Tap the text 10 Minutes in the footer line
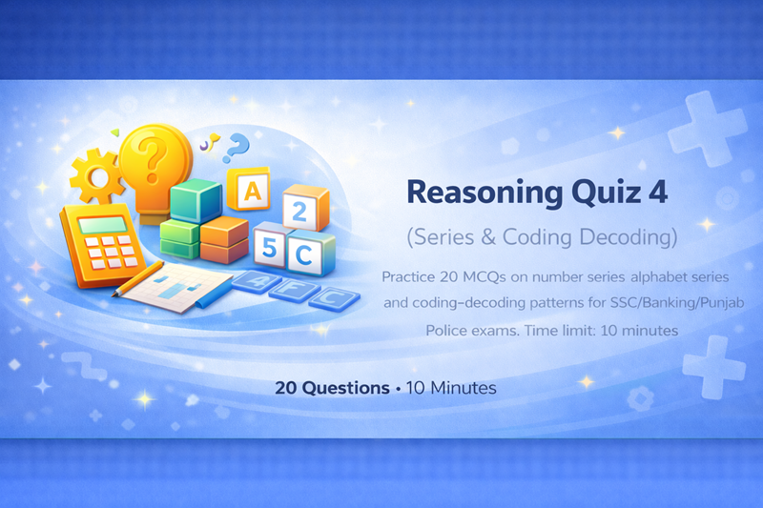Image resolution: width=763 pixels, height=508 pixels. (451, 389)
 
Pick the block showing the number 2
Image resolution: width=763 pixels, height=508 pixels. (299, 212)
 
